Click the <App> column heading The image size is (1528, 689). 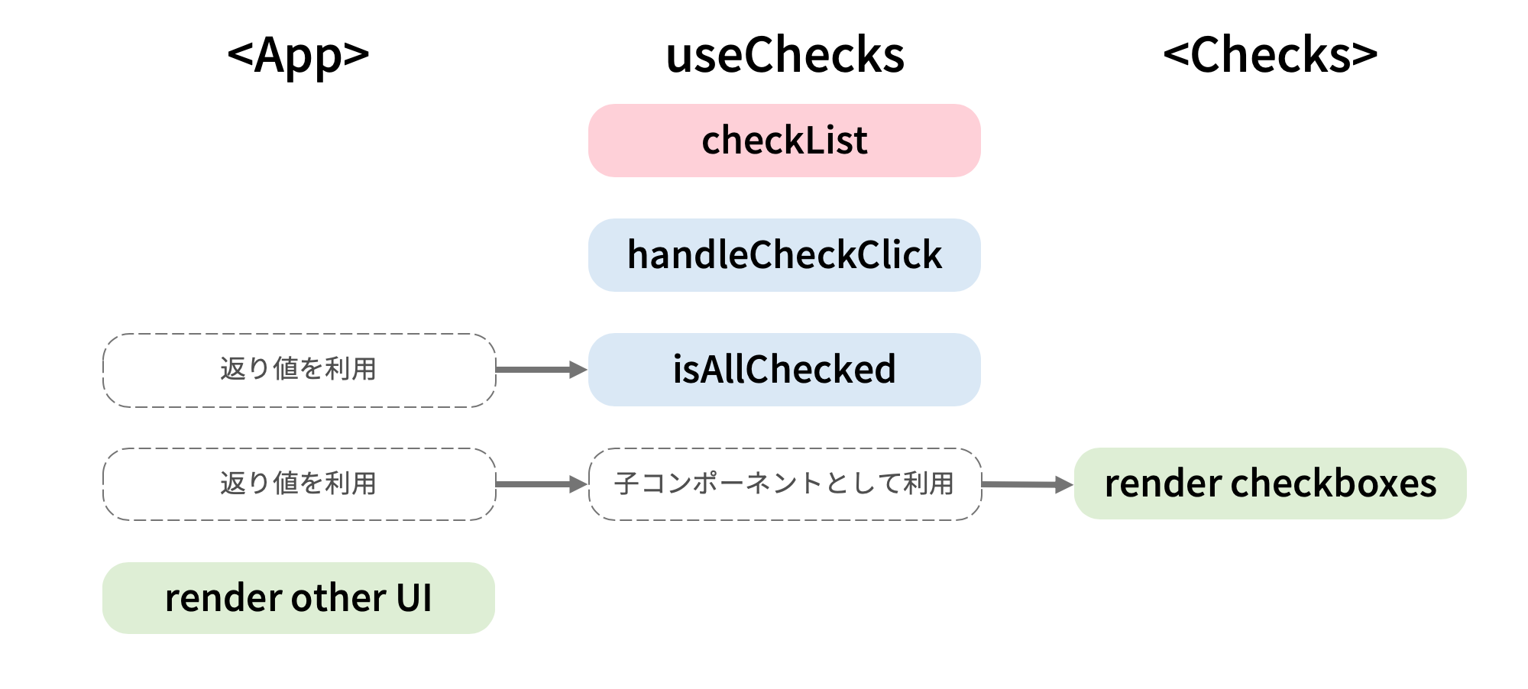[x=298, y=55]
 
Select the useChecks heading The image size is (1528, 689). [x=785, y=55]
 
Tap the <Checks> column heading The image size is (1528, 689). [x=1270, y=55]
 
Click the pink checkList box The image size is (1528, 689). [x=784, y=141]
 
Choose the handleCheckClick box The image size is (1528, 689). [x=784, y=255]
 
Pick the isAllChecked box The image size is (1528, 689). [x=784, y=370]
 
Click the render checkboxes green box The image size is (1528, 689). [x=1270, y=484]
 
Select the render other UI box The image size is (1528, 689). [x=298, y=598]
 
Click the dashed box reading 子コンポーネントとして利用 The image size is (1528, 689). [x=785, y=484]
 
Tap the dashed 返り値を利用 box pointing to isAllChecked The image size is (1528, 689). [x=299, y=370]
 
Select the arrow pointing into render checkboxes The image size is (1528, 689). [x=1027, y=484]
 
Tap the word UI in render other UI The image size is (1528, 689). [x=414, y=598]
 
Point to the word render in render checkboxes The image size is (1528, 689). [x=1163, y=484]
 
